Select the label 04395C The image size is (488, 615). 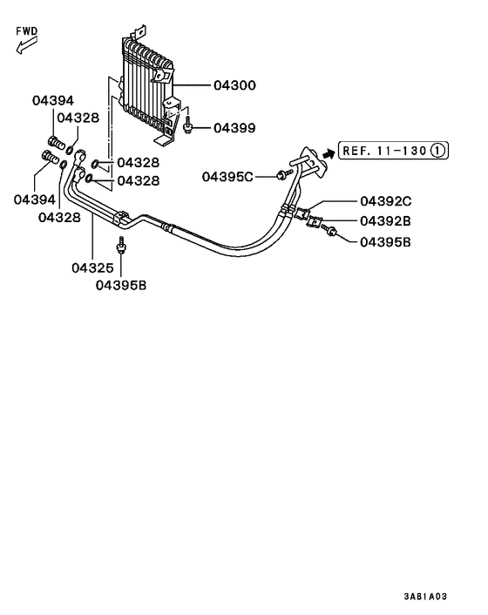click(x=227, y=177)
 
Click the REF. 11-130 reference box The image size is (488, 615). click(x=383, y=151)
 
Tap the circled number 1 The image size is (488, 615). click(x=438, y=151)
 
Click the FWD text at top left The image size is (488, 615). click(x=28, y=30)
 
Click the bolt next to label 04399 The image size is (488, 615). click(x=187, y=127)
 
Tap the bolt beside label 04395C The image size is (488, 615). click(x=281, y=176)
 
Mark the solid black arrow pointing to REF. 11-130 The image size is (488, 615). click(x=329, y=152)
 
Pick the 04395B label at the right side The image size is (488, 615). click(x=384, y=240)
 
